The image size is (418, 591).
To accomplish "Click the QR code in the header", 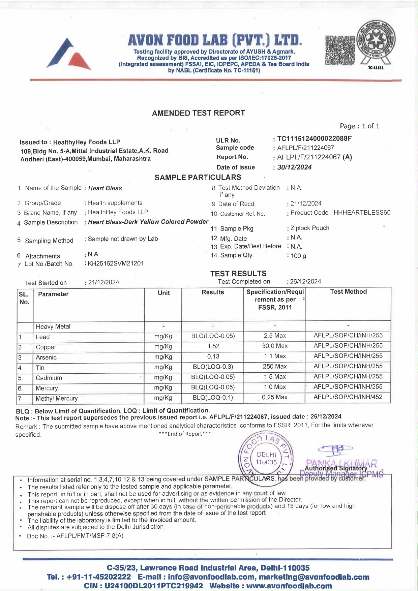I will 340,50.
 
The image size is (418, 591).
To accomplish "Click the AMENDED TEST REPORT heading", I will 198,113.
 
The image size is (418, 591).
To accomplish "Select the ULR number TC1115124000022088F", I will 314,138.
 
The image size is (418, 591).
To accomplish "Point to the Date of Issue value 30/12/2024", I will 294,167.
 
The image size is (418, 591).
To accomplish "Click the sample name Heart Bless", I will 105,188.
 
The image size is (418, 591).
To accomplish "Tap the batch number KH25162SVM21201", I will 116,263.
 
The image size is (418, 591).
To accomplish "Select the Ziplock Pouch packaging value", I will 310,228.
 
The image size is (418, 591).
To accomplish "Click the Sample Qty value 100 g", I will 298,256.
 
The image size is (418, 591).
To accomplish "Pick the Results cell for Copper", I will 213,346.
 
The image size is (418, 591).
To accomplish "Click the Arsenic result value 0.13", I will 213,356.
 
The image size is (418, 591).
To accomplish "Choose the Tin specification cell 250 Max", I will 275,367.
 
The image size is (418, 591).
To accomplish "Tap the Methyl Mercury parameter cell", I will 57,399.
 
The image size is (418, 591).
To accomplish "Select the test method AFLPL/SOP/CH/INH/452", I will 348,397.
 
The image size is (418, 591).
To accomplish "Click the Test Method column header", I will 348,292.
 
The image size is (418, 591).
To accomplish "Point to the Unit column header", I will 164,293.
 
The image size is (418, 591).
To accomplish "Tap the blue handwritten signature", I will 335,449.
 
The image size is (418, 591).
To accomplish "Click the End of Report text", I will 185,434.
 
